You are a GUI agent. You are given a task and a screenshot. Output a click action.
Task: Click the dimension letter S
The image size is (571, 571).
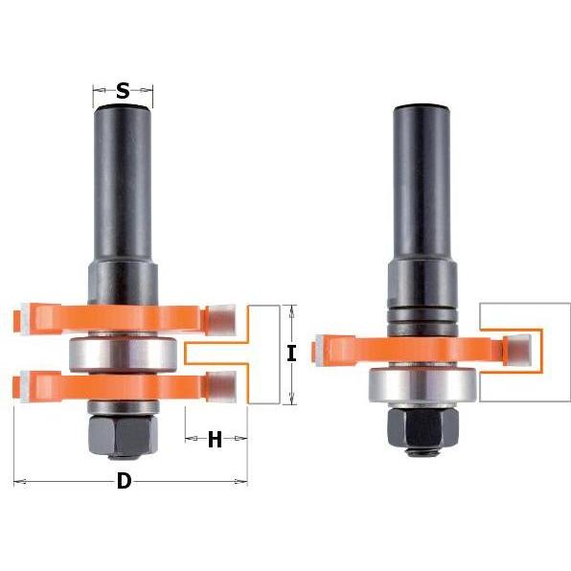[123, 91]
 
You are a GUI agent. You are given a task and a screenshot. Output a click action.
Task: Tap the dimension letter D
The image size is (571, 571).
[125, 481]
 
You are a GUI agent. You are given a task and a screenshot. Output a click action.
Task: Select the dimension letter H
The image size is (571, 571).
[215, 439]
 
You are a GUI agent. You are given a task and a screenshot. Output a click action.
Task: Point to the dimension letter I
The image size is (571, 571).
[291, 354]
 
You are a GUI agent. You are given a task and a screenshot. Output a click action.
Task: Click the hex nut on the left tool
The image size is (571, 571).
[123, 436]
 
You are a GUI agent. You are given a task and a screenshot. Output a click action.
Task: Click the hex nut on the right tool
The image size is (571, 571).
[423, 429]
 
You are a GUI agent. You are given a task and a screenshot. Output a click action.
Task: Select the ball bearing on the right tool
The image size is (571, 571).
[423, 386]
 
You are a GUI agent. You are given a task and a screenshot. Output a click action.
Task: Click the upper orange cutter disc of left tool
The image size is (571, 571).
[124, 319]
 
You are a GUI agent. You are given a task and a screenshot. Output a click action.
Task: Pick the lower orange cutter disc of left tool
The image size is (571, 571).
[124, 386]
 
